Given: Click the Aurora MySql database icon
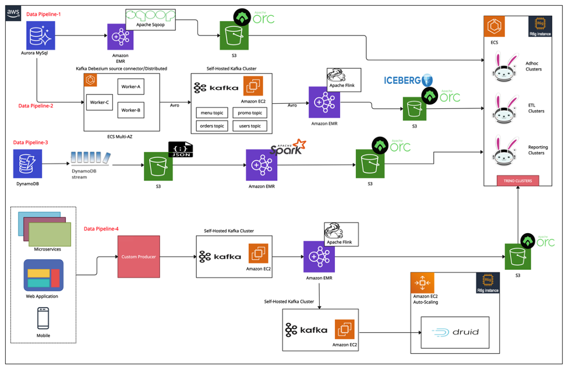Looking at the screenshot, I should pos(41,36).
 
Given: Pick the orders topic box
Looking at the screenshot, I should pos(211,126).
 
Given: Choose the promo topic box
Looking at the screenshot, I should pos(250,112).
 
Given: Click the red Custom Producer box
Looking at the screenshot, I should pos(139,256).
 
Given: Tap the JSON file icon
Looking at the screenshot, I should pos(181,150).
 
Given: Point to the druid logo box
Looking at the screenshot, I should pos(456,332).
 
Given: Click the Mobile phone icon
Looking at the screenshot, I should pos(43,318).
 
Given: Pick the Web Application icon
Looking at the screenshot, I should pos(43,276).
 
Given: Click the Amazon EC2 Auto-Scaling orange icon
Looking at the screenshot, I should pos(422,283).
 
